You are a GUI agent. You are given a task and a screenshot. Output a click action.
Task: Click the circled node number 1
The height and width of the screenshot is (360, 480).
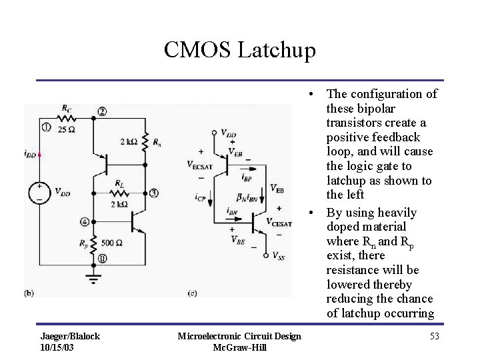[45, 125]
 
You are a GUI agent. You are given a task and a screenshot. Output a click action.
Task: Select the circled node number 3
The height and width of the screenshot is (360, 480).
[154, 193]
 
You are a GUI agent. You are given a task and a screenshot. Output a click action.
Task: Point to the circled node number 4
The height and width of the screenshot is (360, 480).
[83, 221]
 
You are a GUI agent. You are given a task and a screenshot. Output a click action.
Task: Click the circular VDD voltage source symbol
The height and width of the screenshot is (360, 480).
[40, 193]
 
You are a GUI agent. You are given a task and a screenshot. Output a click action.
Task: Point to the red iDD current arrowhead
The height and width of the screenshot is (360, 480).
[41, 153]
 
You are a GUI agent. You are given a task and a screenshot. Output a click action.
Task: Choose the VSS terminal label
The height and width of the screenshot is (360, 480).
[280, 255]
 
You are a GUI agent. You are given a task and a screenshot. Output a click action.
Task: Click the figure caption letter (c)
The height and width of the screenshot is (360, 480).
[193, 292]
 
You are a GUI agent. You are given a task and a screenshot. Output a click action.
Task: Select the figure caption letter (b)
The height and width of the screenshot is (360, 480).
[29, 292]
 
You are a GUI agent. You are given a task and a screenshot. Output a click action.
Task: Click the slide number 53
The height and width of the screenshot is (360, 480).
[434, 336]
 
